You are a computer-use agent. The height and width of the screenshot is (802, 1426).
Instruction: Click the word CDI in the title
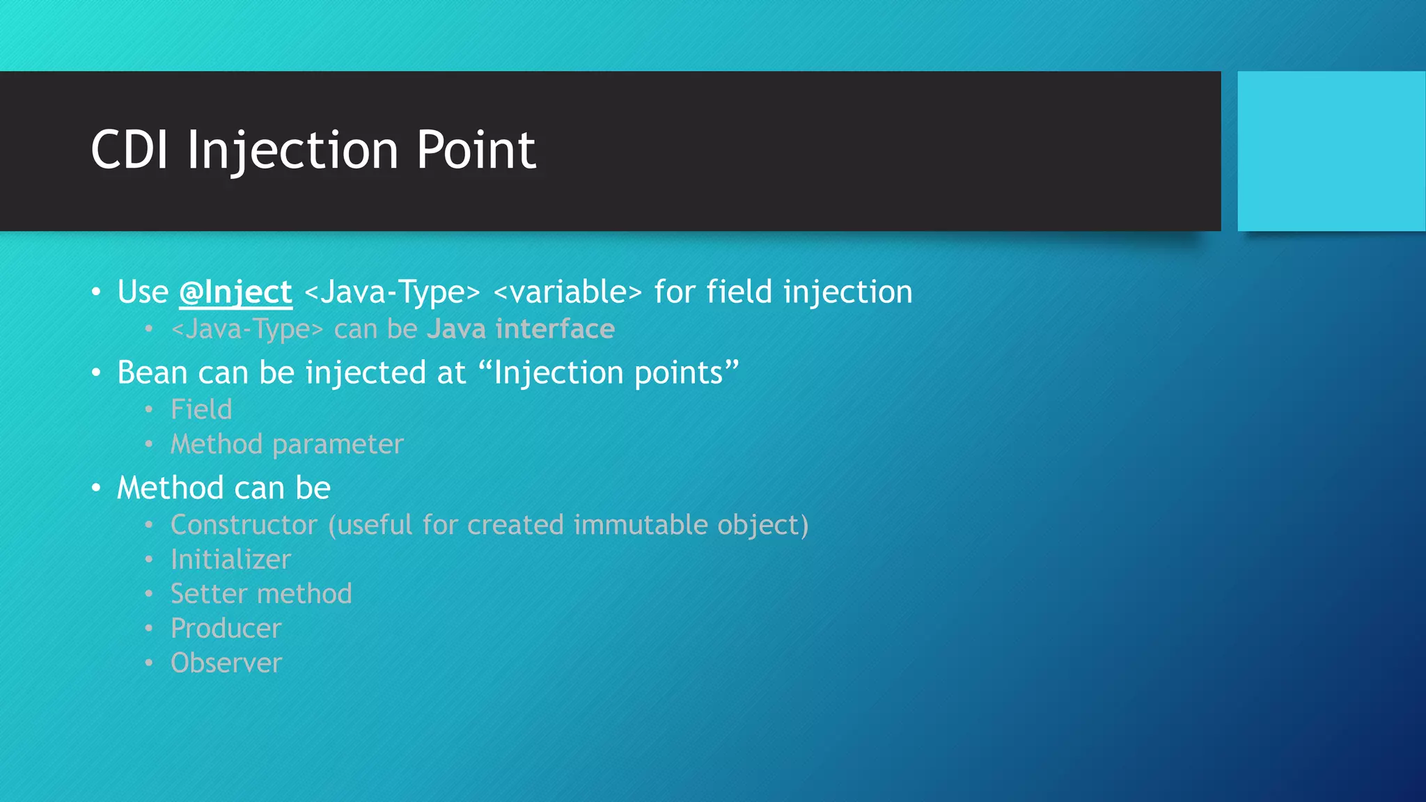130,150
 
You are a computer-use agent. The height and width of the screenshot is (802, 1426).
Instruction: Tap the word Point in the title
476,150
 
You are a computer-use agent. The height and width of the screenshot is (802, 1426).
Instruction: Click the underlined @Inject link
235,292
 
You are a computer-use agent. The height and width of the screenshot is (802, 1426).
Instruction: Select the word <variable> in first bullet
567,292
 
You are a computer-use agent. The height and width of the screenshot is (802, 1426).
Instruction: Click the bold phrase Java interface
520,329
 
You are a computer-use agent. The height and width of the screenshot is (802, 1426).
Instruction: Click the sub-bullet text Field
201,409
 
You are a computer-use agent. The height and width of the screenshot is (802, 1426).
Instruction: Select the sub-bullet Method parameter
287,444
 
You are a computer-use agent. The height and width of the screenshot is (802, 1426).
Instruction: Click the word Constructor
244,525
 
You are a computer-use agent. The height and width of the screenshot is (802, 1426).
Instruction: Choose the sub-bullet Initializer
230,560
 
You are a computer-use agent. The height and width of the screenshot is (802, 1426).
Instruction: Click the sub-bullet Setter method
261,594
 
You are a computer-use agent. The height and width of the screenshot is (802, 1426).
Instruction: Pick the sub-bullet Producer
226,629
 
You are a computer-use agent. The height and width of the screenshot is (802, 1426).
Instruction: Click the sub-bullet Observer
226,663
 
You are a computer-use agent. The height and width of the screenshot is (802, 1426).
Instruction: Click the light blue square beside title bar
1331,151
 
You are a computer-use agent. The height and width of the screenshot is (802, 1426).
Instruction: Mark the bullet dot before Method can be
96,488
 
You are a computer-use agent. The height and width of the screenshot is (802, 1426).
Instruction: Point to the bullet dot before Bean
96,373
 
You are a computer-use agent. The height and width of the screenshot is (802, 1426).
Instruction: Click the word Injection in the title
292,150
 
